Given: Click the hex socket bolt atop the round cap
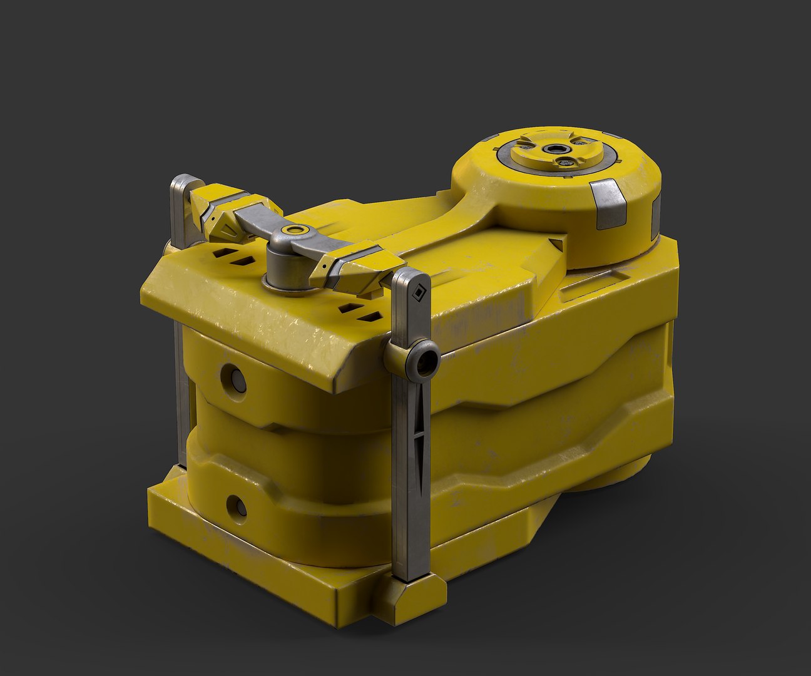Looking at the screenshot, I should click(554, 149).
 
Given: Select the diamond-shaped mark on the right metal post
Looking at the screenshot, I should click(417, 291).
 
